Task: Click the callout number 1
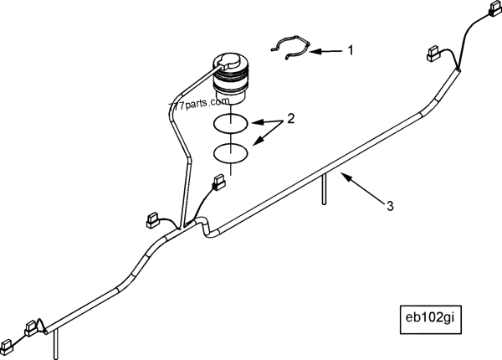point(351,50)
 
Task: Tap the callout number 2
point(290,119)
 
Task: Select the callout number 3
point(390,206)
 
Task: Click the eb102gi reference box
point(430,320)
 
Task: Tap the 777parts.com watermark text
point(199,103)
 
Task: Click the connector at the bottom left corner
point(7,345)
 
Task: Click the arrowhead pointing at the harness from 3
point(344,175)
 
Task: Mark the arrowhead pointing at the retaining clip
point(315,51)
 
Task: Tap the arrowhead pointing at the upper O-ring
point(257,122)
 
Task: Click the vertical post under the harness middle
point(325,188)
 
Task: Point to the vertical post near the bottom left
point(56,345)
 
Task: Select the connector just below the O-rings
point(219,182)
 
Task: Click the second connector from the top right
point(433,54)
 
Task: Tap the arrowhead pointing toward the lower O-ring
point(259,141)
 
